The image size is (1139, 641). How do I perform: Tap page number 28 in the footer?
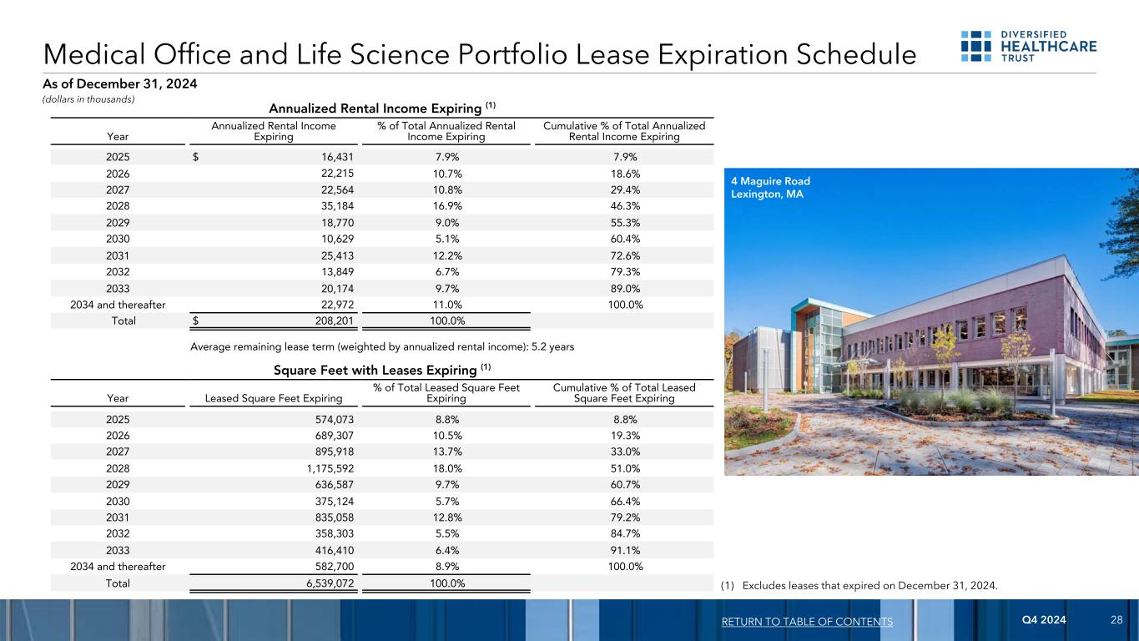(x=1116, y=621)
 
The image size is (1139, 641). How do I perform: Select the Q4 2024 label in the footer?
(x=1044, y=621)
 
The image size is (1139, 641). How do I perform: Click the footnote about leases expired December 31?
(x=859, y=584)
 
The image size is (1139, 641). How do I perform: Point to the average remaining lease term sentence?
(x=382, y=346)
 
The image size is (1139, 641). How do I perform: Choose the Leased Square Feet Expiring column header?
(x=274, y=398)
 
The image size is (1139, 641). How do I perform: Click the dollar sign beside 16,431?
(x=196, y=156)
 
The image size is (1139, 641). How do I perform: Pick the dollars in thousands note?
(x=88, y=99)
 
